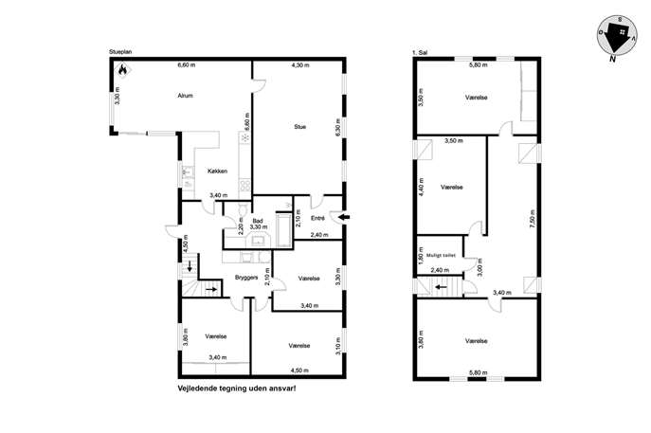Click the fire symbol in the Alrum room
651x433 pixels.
[122, 70]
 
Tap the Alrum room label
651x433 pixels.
[185, 96]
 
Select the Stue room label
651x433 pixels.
[299, 127]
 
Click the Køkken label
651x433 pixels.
[218, 171]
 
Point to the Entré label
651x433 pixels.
[317, 218]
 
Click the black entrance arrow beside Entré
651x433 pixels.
[344, 217]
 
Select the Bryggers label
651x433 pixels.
[246, 278]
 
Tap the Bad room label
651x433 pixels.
[258, 221]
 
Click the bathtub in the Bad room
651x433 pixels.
[284, 230]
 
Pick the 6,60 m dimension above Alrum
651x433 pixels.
[187, 64]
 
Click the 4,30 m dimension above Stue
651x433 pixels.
[300, 65]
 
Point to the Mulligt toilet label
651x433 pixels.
[441, 255]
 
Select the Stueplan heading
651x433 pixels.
[120, 52]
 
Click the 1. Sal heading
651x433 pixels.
[420, 53]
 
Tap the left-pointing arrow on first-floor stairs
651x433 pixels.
[441, 286]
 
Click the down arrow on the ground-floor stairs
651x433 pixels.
[190, 266]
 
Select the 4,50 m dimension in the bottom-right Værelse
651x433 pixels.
[299, 370]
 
